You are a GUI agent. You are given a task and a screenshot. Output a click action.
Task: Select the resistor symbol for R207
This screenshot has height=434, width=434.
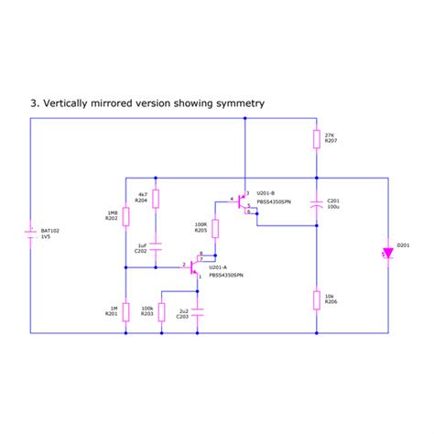tap(316, 139)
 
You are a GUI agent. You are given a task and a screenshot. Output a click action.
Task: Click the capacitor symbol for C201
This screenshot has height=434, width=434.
tap(316, 203)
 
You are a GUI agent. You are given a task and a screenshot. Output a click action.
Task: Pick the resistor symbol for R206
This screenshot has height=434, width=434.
tap(316, 298)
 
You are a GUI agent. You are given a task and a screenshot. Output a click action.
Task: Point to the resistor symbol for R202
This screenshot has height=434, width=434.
tap(125, 216)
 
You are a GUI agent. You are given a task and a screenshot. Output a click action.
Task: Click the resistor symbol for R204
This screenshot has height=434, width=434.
tap(156, 199)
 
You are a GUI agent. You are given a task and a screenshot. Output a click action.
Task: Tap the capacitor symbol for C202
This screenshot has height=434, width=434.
tap(156, 245)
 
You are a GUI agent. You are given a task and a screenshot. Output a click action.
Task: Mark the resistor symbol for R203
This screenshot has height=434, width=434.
tap(161, 311)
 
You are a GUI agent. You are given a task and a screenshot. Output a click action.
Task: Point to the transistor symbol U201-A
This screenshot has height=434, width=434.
tap(194, 266)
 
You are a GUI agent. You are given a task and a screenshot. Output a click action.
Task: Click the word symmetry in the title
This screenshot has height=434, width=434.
tap(237, 103)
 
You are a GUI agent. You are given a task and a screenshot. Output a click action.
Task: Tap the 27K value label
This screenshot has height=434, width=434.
tap(331, 135)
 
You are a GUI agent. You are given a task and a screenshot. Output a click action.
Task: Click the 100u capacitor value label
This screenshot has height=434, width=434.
tap(333, 206)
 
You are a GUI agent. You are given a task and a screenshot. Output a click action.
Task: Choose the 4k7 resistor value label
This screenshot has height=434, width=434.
tap(142, 194)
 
